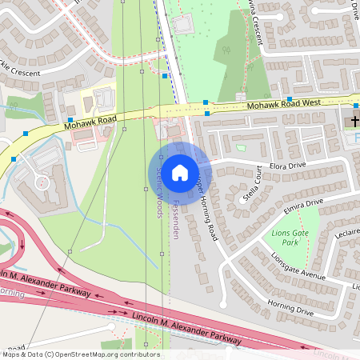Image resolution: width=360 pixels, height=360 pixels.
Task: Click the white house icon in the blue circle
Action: [180, 172]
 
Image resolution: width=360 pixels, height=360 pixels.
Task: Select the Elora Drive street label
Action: [288, 166]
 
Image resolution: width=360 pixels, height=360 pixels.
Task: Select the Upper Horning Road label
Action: [203, 206]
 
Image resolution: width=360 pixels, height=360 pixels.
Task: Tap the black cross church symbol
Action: [353, 121]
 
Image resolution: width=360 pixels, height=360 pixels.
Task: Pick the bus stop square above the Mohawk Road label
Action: [70, 119]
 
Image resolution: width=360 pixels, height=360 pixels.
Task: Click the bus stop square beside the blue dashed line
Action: [165, 76]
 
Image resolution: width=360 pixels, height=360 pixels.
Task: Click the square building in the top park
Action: [183, 25]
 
